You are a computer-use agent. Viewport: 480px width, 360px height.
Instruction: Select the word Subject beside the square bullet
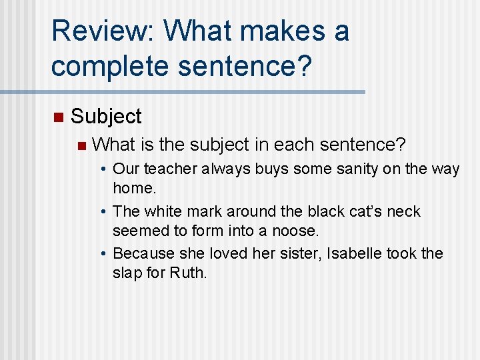tap(106, 117)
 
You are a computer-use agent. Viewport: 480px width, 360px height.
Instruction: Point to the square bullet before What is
tap(81, 145)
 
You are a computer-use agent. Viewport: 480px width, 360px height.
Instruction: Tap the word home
tap(134, 188)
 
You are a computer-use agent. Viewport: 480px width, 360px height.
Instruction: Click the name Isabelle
tap(355, 254)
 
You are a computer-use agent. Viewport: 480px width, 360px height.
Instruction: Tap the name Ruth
tap(189, 273)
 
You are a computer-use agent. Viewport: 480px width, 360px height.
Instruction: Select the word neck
tap(403, 211)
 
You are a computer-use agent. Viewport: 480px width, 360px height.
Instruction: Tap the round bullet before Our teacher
tap(105, 170)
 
